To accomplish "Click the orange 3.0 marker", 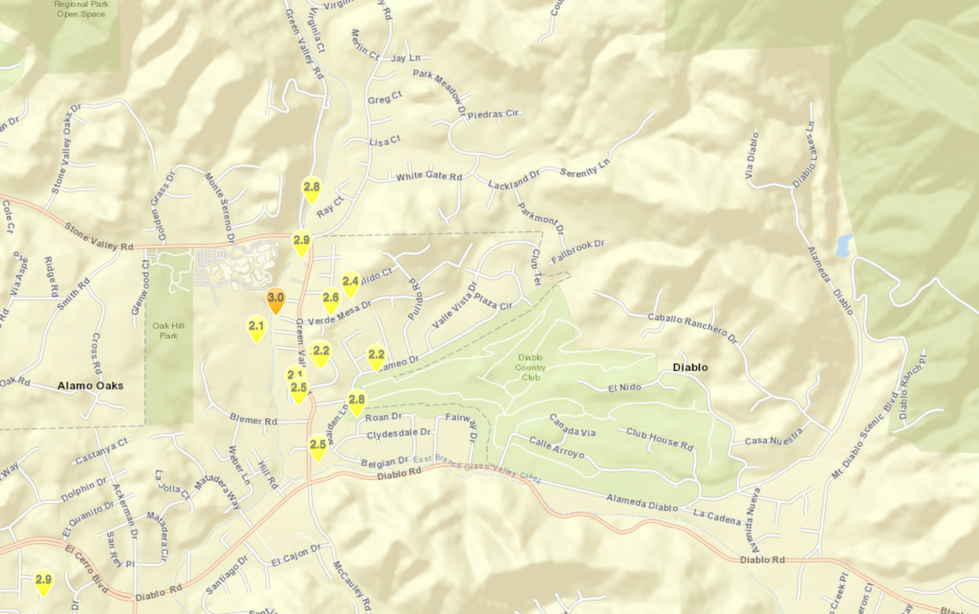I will tap(275, 301).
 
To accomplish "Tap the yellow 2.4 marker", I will tap(351, 283).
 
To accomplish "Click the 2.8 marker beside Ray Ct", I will tap(311, 188).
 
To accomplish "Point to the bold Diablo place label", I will tap(689, 367).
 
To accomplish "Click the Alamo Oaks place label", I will tap(85, 385).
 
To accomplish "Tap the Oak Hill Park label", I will tap(169, 330).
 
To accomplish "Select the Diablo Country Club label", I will tap(531, 367).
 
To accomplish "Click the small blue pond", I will tap(842, 245).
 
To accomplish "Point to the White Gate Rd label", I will tap(428, 176).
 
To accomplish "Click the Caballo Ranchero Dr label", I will tap(693, 326).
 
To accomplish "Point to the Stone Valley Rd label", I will tap(98, 237).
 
